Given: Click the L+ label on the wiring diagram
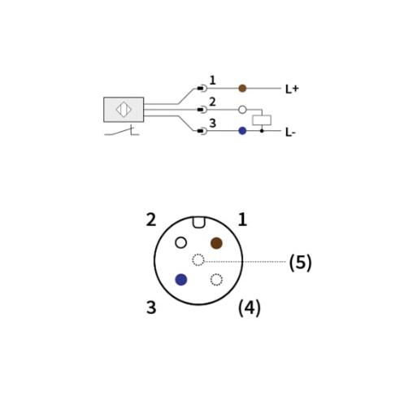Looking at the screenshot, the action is coord(292,89).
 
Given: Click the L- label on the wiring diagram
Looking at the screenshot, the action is coord(290,133).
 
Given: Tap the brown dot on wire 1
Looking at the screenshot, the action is coord(242,89).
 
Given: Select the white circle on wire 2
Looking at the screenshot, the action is coord(242,110).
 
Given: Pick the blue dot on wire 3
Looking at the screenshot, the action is coord(242,131).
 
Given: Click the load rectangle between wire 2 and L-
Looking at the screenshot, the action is coord(262,120).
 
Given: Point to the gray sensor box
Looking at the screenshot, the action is coord(124,110).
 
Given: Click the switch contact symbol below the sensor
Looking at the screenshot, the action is coord(122,131).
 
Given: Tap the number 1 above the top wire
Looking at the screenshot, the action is coord(212,81).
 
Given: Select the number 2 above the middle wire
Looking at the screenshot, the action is coord(212,102).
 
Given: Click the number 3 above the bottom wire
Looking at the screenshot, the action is coord(212,123).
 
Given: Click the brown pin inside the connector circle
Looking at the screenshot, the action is coord(216,243).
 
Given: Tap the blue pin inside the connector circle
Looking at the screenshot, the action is coord(181,280).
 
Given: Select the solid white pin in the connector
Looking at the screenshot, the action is coord(180,242).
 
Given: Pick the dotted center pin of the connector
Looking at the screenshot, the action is coord(198,260).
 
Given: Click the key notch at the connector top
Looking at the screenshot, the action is coord(198,222).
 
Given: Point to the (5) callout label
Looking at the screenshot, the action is coord(301,263).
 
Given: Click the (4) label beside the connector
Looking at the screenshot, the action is coord(250,308).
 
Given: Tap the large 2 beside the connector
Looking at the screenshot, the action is coord(151,220).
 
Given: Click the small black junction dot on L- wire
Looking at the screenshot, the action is coord(262,131).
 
